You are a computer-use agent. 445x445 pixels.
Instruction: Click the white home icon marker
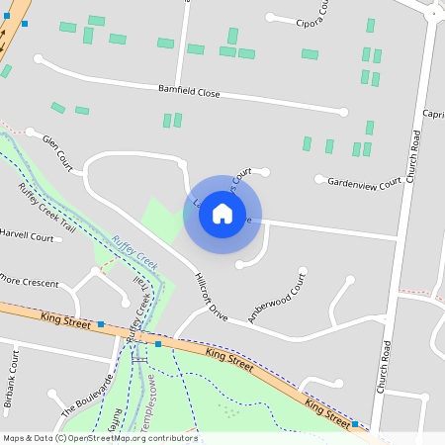[x=222, y=214]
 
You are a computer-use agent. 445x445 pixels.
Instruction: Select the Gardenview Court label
[x=364, y=183]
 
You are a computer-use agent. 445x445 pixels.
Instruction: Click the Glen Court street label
[x=58, y=150]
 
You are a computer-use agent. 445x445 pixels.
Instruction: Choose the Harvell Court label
[x=27, y=237]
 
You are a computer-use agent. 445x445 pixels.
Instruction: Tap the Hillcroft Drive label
[x=212, y=298]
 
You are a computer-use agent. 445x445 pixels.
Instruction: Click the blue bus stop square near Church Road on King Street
[x=355, y=423]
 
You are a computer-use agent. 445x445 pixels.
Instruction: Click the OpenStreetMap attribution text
[x=99, y=438]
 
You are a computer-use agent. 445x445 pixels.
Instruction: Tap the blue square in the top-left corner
[x=25, y=23]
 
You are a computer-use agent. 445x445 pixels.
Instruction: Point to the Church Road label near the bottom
[x=387, y=377]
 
